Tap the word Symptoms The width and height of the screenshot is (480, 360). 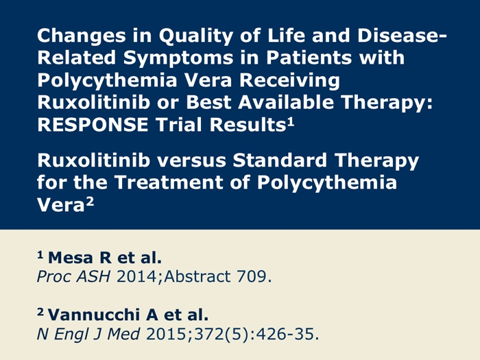pos(178,58)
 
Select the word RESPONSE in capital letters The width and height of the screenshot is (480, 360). pos(93,125)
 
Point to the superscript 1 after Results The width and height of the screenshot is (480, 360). pos(291,122)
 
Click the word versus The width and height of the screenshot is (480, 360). pos(191,160)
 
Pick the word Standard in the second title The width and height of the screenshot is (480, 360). pos(280,160)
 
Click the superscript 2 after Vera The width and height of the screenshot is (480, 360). pos(90,202)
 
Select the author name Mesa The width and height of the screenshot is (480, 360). pos(71,257)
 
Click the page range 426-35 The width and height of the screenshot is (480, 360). pos(285,334)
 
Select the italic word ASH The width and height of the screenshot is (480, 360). pos(93,276)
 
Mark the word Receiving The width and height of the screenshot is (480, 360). pos(289,80)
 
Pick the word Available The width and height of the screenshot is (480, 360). pos(286,102)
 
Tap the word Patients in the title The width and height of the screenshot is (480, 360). pos(309,58)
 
